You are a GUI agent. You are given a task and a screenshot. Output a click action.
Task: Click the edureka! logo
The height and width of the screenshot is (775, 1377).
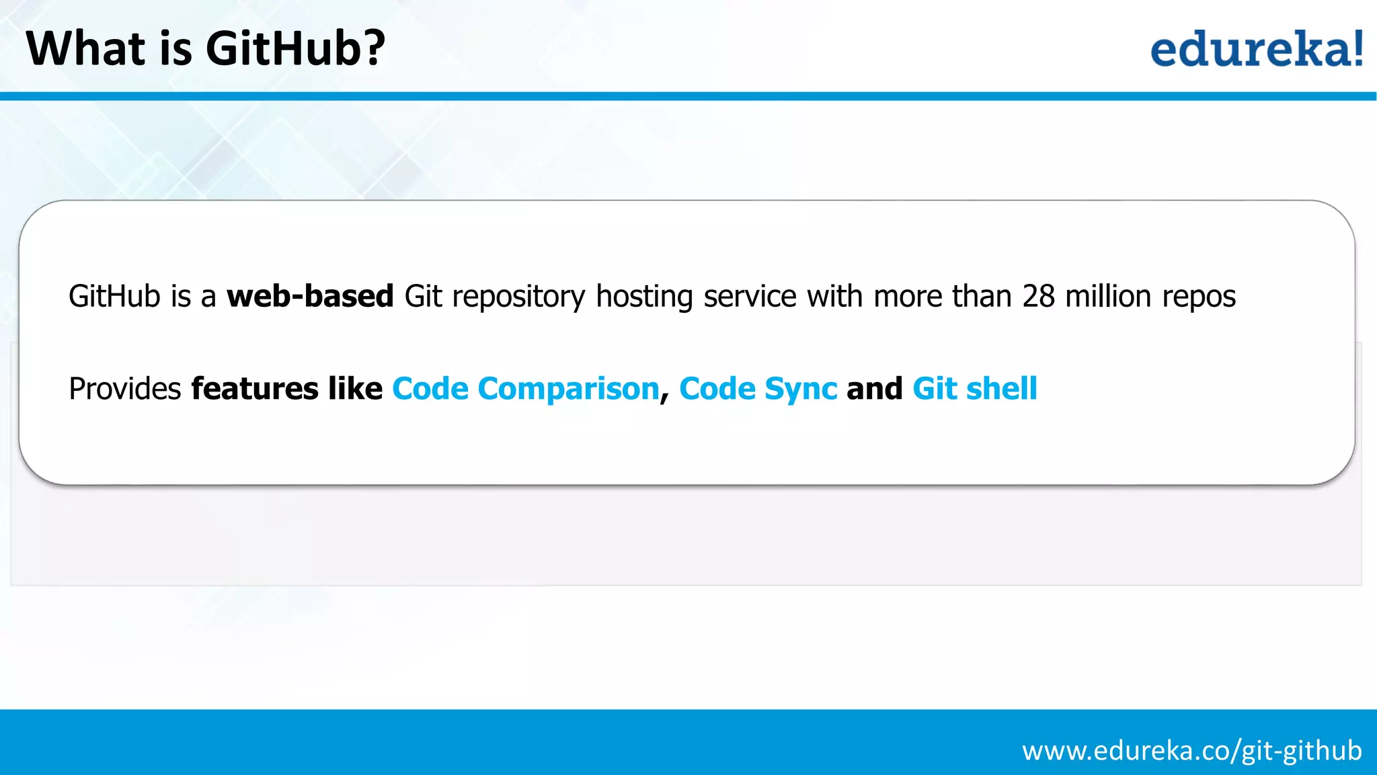click(1256, 48)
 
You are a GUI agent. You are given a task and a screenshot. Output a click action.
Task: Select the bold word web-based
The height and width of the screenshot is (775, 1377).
click(310, 296)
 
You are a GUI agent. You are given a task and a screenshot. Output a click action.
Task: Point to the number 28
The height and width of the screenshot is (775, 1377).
click(1038, 296)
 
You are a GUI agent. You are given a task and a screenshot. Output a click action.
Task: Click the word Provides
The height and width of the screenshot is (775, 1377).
click(125, 389)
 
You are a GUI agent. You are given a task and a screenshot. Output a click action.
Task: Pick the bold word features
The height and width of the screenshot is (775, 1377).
click(255, 389)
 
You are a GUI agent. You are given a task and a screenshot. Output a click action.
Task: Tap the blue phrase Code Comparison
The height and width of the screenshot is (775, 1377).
click(526, 389)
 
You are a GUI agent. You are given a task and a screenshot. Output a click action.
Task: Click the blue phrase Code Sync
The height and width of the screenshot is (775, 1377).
click(758, 389)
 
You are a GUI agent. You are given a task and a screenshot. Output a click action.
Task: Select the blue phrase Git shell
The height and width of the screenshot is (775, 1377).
click(975, 389)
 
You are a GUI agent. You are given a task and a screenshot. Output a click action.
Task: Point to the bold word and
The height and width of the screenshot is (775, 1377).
click(874, 389)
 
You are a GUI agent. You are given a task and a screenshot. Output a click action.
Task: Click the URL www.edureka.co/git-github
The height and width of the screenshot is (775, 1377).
click(1191, 750)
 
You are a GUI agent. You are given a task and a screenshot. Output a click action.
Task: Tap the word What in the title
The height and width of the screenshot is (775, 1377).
click(85, 48)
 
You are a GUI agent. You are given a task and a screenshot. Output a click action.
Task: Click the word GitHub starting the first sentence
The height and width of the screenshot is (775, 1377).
click(114, 296)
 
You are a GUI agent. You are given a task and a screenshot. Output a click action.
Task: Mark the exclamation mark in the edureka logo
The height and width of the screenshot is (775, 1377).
click(1358, 48)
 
